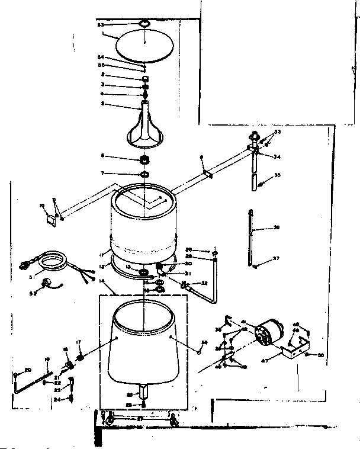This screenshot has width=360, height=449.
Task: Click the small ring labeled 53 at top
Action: (144, 24)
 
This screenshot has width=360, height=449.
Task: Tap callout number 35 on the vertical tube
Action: (277, 177)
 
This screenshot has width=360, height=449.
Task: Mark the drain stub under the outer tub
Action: (144, 391)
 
